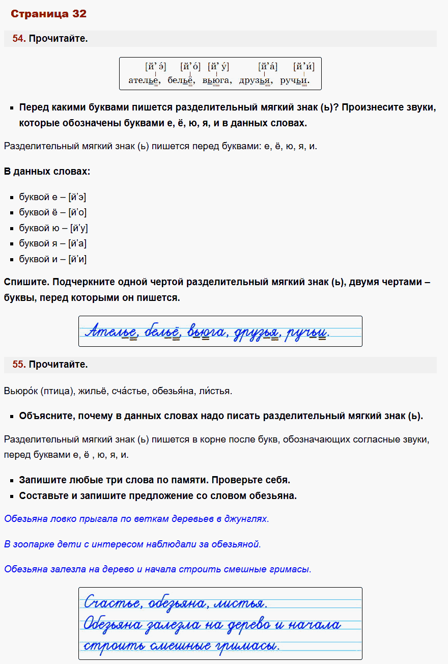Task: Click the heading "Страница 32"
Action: (48, 14)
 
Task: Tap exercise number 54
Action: (19, 39)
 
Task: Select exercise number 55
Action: (19, 365)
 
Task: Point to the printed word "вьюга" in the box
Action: (217, 80)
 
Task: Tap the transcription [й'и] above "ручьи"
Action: (303, 67)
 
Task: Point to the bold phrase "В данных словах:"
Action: (47, 172)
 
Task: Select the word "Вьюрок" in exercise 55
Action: (20, 391)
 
